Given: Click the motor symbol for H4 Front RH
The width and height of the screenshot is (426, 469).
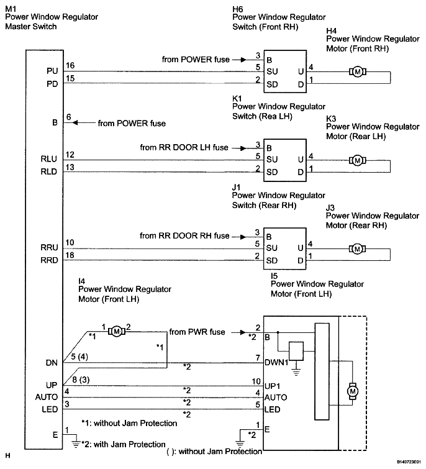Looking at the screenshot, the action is [x=358, y=72].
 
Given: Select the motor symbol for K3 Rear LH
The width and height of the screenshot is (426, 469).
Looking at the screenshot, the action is [x=358, y=160].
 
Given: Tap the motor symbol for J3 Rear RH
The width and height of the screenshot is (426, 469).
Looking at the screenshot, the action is [x=357, y=249].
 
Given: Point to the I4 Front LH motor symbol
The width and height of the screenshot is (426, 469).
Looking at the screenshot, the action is [x=117, y=331].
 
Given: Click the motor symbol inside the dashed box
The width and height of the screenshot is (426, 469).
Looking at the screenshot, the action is [x=353, y=391].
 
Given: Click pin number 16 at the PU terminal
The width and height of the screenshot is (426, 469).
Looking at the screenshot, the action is [x=70, y=65].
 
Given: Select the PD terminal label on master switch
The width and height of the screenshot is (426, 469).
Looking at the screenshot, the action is [x=52, y=84].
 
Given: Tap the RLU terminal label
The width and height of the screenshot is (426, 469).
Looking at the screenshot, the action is [x=48, y=159].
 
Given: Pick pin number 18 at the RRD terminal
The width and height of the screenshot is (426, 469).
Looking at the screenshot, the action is [x=70, y=255].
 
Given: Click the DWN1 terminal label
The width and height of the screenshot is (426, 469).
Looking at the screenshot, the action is [x=276, y=363].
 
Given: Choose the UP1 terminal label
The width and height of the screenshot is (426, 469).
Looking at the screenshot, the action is [x=272, y=386].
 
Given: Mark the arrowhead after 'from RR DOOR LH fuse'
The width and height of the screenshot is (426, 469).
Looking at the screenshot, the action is [x=243, y=148].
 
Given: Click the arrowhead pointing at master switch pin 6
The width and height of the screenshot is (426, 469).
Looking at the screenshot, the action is [x=75, y=122].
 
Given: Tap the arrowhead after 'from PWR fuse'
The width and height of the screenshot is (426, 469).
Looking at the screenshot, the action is [x=243, y=332].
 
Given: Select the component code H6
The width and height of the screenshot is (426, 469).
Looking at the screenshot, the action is [x=238, y=9].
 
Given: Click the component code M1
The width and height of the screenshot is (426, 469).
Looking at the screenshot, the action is [x=11, y=9].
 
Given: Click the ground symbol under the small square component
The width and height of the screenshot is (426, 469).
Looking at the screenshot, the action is [x=296, y=372].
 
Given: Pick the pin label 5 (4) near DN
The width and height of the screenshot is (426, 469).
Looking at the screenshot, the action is [x=79, y=357].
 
